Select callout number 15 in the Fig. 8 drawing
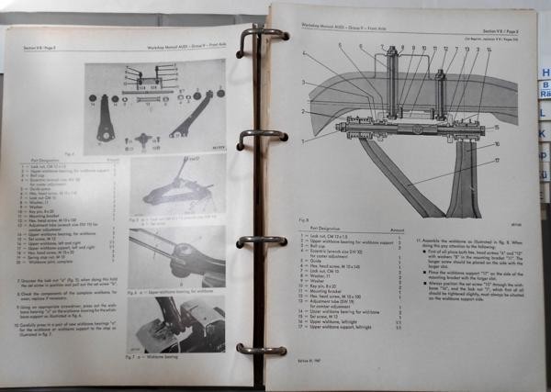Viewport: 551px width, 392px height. [499, 126]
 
